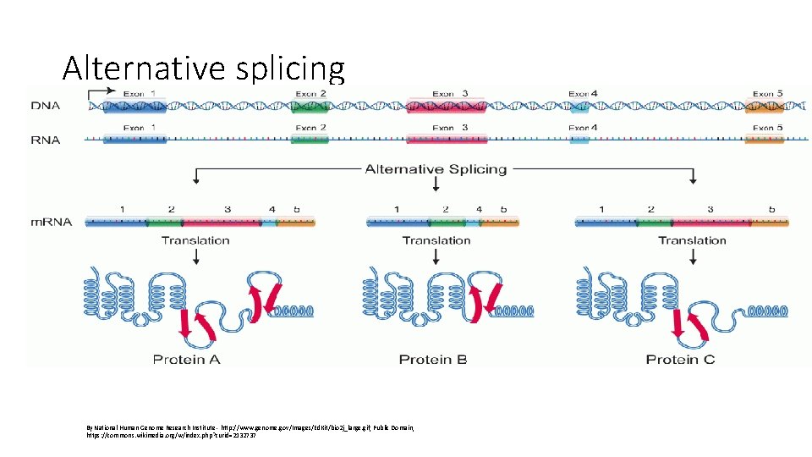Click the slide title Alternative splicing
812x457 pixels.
click(204, 67)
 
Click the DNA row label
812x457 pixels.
click(45, 107)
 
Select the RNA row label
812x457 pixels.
click(45, 140)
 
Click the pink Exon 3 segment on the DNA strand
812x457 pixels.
click(446, 107)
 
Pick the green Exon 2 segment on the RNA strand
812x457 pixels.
click(310, 140)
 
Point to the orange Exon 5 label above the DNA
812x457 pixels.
click(768, 93)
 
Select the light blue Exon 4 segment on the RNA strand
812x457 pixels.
click(579, 140)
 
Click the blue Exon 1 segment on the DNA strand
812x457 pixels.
click(135, 107)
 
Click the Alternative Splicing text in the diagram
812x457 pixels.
click(436, 169)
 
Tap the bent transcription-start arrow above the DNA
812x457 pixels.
click(102, 91)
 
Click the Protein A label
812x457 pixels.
click(187, 360)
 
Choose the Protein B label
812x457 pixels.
click(433, 360)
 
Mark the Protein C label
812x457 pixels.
click(680, 360)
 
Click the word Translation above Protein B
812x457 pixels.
click(436, 240)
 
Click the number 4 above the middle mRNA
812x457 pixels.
click(480, 208)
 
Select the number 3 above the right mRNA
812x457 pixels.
click(710, 208)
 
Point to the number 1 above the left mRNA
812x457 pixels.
click(122, 208)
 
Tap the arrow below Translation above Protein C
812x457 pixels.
click(692, 256)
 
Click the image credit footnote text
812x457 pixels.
click(250, 432)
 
